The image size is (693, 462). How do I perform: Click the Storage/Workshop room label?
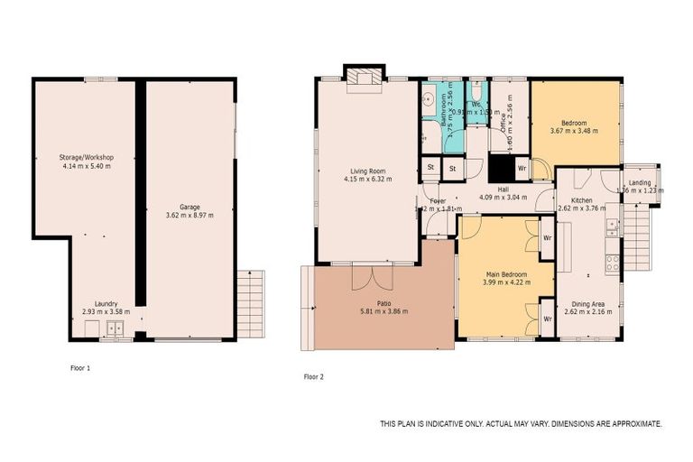(x=88, y=158)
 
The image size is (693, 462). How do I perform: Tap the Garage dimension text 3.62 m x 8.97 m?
(x=189, y=216)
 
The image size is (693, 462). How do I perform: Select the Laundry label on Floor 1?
(x=106, y=304)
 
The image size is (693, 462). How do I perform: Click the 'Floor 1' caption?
(x=81, y=368)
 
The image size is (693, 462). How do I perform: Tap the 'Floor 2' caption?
(x=312, y=376)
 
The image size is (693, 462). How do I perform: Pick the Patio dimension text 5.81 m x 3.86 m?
(x=383, y=311)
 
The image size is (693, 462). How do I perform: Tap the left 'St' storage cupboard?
(x=431, y=168)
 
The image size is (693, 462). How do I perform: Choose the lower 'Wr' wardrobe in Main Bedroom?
(x=547, y=319)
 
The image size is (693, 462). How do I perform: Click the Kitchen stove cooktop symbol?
(x=612, y=263)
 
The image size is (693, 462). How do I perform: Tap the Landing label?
(x=640, y=183)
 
